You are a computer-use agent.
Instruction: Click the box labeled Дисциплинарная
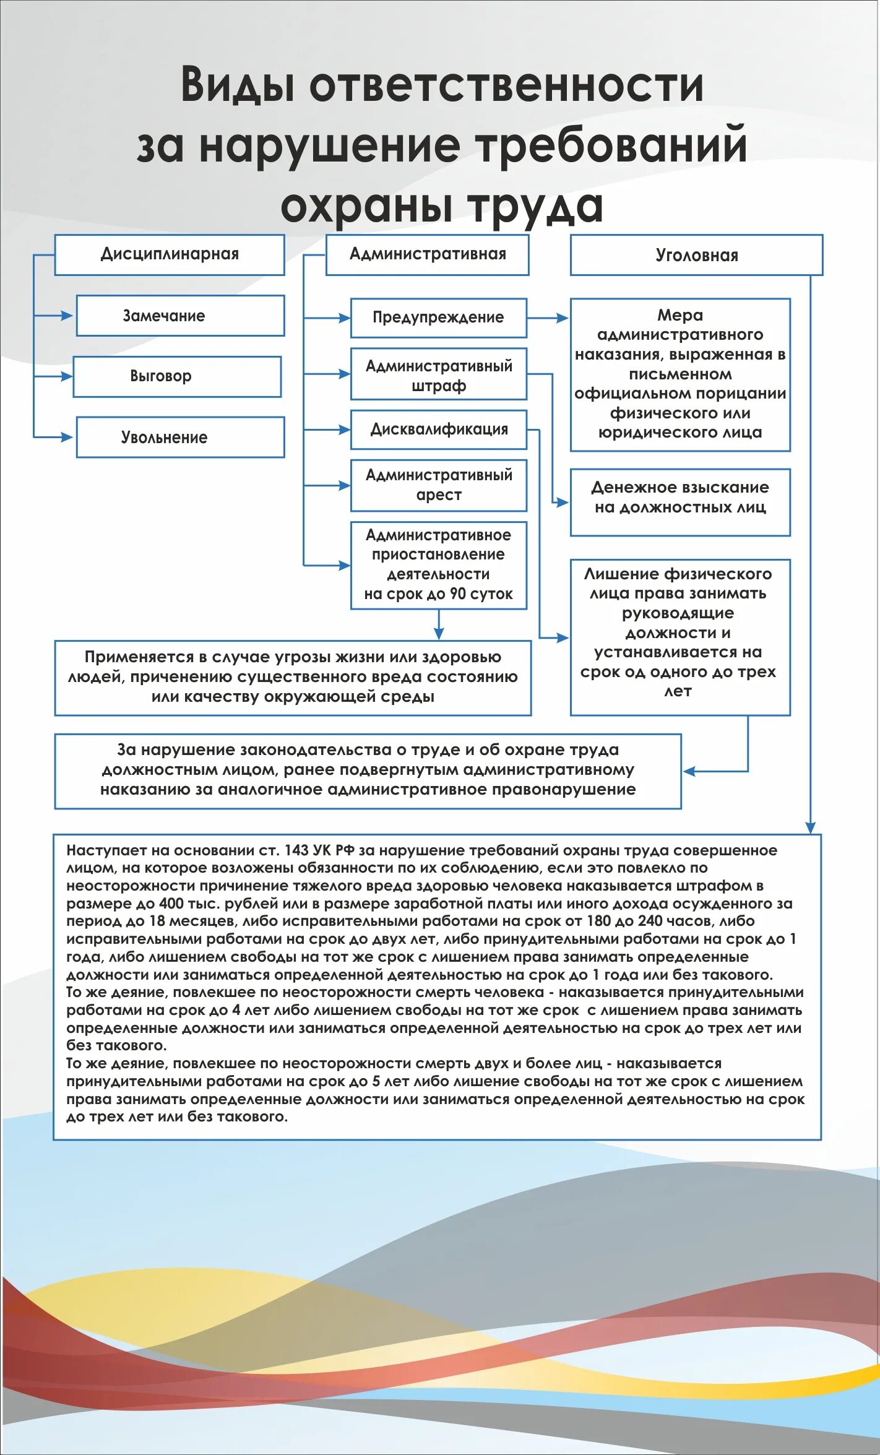click(170, 254)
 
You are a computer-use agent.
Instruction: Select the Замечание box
click(180, 316)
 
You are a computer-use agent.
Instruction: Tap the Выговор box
click(177, 376)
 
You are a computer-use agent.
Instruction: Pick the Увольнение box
click(180, 437)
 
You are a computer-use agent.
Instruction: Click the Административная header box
click(427, 254)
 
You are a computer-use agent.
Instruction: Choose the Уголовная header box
click(696, 255)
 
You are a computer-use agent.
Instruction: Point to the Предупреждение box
click(438, 318)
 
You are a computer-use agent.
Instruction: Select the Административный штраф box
click(438, 374)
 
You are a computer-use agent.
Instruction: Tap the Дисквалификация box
click(438, 430)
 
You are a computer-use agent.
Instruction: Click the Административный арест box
click(438, 485)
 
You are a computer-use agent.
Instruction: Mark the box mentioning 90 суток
click(438, 565)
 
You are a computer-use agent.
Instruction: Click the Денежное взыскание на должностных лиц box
click(679, 502)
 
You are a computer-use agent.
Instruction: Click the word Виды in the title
click(237, 85)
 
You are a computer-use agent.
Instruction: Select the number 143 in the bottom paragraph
click(296, 850)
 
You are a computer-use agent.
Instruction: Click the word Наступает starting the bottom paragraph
click(99, 850)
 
